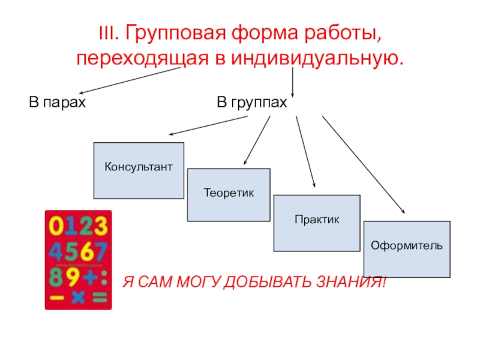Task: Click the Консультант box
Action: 139,170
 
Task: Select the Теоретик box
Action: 229,195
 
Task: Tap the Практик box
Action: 317,223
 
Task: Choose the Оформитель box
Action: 407,249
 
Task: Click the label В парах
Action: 58,103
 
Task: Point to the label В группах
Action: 252,103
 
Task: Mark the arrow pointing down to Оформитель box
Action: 363,163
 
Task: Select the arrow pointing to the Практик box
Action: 305,150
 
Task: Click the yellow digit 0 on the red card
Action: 56,226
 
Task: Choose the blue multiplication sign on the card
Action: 78,296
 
